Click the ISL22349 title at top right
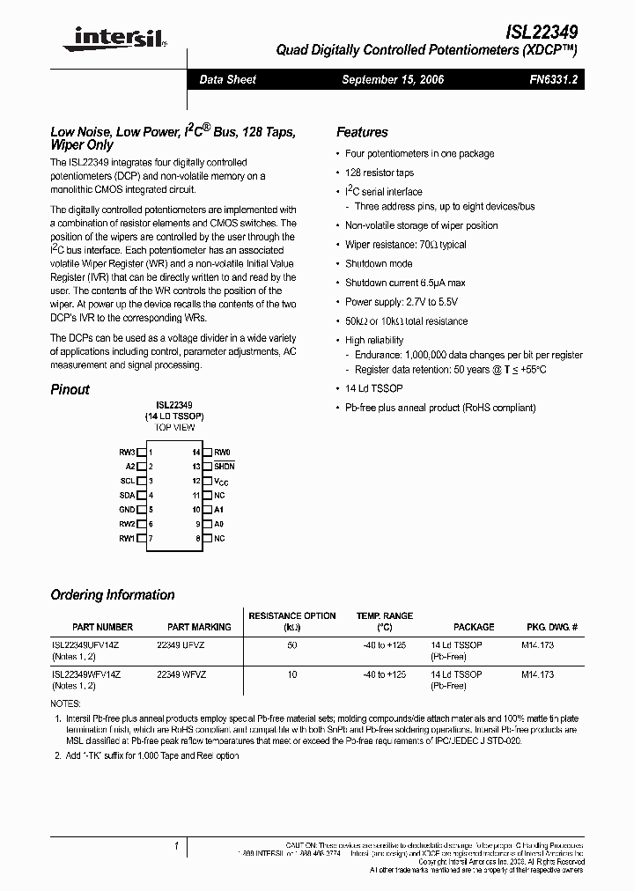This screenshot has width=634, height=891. coord(541,30)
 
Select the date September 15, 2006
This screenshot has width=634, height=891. coord(393,79)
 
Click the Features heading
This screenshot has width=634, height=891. coord(362,132)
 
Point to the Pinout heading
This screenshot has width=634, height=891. coord(70,389)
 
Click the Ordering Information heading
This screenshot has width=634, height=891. coord(113,594)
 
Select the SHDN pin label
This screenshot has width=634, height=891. coord(225,466)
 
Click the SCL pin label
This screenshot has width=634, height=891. coord(128,481)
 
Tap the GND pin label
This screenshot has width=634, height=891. coord(127,509)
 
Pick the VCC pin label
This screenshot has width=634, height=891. coord(221,481)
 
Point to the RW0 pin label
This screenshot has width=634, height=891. coord(222,452)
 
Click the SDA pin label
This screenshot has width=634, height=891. coord(127,495)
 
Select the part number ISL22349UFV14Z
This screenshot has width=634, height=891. coord(85,645)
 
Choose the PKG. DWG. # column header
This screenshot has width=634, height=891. coord(552,627)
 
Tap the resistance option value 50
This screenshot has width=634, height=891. coord(291,645)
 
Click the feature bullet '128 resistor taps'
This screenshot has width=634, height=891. coord(380,173)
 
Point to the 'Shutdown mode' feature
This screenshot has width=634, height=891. coord(379,263)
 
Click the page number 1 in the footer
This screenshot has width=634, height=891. coord(177,845)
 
